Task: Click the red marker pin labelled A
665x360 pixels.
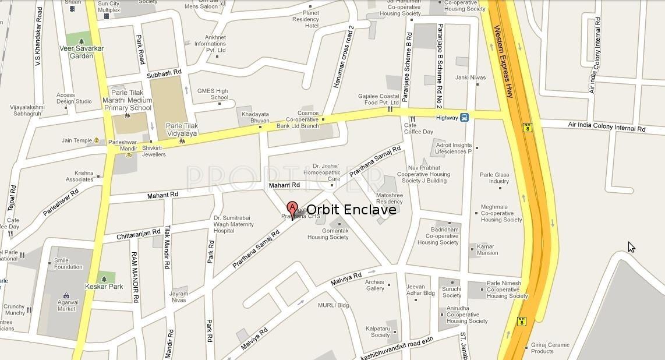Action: click(292, 208)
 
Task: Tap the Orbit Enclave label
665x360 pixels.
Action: click(351, 210)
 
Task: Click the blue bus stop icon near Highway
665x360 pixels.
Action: click(464, 117)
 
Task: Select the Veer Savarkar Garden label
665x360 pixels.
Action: click(82, 52)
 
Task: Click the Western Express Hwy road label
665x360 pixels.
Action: click(504, 61)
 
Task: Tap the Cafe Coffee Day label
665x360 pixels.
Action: click(419, 128)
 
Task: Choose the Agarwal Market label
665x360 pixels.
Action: click(67, 305)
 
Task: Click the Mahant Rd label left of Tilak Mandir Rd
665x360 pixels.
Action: click(162, 195)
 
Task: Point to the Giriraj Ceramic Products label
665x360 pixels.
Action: click(550, 348)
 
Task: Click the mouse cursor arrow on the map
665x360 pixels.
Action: click(631, 247)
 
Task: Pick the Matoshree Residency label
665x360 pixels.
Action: click(390, 198)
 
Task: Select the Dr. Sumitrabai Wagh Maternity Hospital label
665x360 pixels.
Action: click(233, 224)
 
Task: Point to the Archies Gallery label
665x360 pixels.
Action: click(375, 285)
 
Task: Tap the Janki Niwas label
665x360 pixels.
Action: click(470, 77)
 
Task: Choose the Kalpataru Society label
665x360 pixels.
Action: click(378, 331)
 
